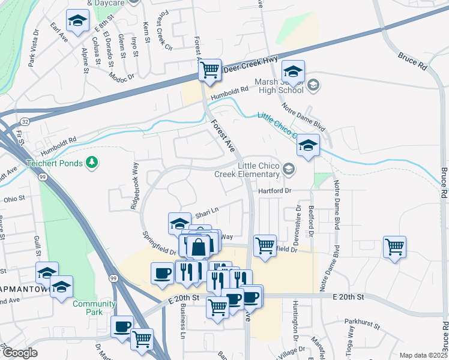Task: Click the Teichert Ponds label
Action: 53,163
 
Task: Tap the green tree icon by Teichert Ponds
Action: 92,162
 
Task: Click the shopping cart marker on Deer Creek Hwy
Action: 210,70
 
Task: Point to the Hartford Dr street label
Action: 274,191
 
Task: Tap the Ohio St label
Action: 14,198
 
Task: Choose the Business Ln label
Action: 182,327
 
